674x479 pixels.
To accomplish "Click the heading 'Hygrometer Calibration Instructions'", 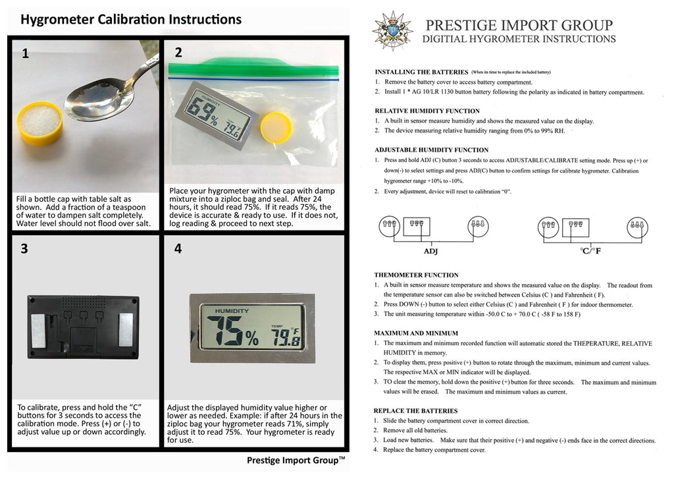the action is click(x=131, y=19).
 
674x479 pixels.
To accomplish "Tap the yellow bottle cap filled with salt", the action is click(x=40, y=123).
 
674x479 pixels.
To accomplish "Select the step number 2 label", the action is click(x=178, y=53).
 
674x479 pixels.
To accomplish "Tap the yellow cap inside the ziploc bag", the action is click(x=276, y=127).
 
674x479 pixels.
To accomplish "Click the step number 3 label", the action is click(x=24, y=249).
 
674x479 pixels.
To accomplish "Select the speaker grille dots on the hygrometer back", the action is click(x=84, y=301).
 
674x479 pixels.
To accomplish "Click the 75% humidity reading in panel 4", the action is click(x=232, y=331).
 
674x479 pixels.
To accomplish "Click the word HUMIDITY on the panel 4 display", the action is click(x=232, y=311).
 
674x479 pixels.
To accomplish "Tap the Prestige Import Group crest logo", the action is click(x=392, y=31).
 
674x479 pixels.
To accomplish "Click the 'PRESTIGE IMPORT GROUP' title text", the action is click(x=519, y=25).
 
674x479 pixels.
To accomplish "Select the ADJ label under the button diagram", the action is click(x=430, y=251).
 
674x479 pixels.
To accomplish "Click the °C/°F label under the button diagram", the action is click(x=590, y=251).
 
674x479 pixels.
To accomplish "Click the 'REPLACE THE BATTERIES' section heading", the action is click(x=416, y=411).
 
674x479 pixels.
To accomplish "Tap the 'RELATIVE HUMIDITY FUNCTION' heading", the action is click(x=427, y=111).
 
